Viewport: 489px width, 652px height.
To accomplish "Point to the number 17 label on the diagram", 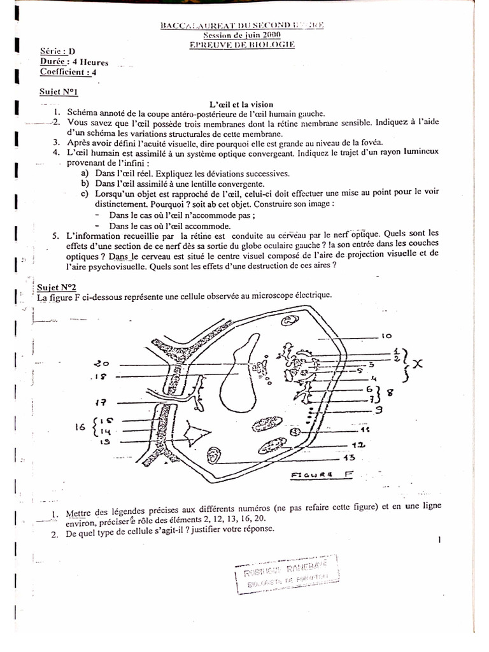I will [x=101, y=402].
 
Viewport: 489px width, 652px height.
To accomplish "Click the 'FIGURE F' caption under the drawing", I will [x=322, y=474].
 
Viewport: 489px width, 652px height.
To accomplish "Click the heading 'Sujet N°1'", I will [x=59, y=92].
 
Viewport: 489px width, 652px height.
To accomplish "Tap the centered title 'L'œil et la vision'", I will [x=241, y=104].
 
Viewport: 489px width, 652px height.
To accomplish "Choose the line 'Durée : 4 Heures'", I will [x=74, y=62].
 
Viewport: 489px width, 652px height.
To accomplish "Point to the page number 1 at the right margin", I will [x=439, y=541].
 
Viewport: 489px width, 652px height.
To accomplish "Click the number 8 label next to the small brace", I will [x=391, y=393].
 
